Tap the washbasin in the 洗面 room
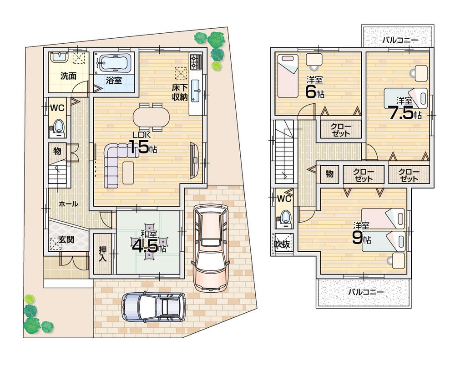[x=59, y=58]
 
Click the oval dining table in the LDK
[x=151, y=117]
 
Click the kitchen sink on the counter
[x=196, y=91]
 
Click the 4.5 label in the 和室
[x=145, y=246]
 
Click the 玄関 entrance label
[x=66, y=240]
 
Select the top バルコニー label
[x=400, y=40]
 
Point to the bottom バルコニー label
[x=366, y=292]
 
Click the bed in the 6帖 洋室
[x=288, y=76]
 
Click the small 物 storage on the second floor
[x=329, y=174]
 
